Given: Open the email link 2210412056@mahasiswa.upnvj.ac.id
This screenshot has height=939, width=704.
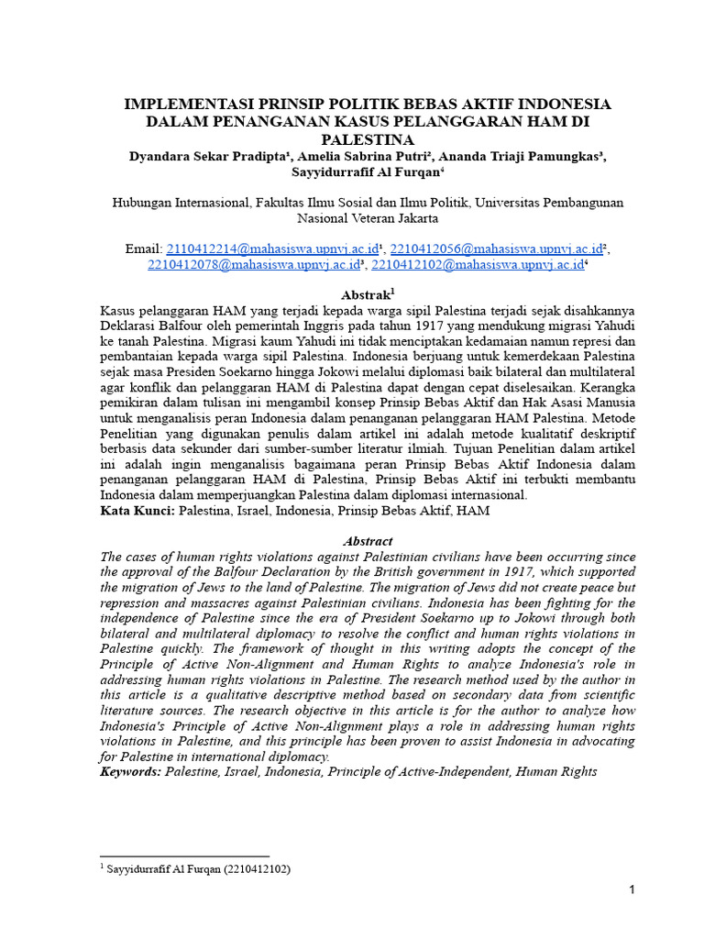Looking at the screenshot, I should (496, 249).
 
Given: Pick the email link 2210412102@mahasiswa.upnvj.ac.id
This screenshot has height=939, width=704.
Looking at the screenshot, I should (477, 265).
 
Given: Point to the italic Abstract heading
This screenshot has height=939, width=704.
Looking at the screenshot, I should (367, 541).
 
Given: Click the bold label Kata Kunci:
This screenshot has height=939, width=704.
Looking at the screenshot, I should (137, 511).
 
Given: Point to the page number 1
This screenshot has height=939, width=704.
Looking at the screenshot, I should (632, 890).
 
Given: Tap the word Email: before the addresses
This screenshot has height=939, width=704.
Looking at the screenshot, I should (142, 249).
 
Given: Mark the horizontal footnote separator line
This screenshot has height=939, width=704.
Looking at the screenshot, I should (183, 855).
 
